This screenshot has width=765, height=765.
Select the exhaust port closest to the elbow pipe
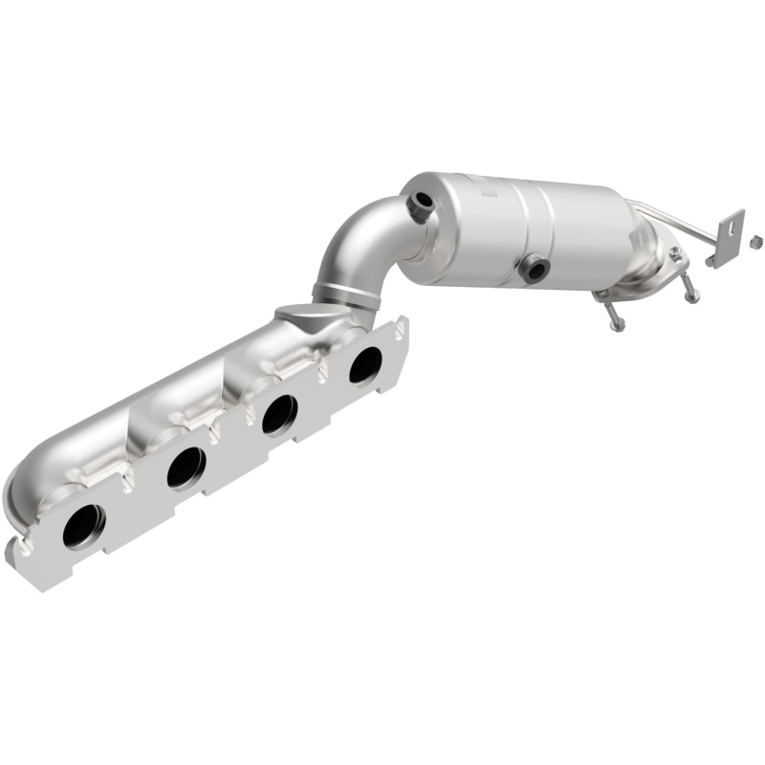(x=364, y=365)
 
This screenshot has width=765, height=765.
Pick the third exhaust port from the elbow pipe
(x=186, y=466)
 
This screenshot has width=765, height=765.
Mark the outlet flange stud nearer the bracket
(x=689, y=292)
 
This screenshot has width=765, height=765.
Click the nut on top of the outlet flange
(x=674, y=252)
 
